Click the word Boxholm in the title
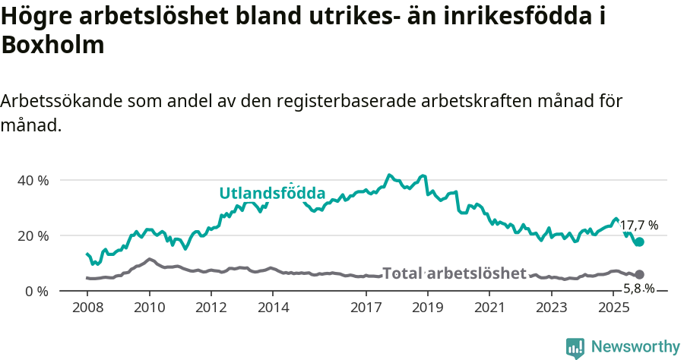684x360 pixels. tap(52, 45)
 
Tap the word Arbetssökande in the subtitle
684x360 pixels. tap(63, 101)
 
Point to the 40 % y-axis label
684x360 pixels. tap(33, 181)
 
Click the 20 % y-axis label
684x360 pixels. tap(33, 235)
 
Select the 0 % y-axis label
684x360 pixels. tap(36, 291)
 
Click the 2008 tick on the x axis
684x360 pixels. tap(87, 308)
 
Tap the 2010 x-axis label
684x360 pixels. tap(149, 308)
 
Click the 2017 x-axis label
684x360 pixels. tap(366, 308)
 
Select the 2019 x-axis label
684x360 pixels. tap(429, 308)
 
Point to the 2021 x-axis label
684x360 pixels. tap(490, 308)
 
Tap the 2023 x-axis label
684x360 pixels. tap(553, 308)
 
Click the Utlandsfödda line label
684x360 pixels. tap(272, 193)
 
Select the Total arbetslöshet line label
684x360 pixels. tap(454, 273)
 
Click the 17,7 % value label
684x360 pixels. tap(638, 226)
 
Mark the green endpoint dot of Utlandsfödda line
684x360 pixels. tap(639, 242)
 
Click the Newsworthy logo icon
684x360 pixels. tap(575, 347)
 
